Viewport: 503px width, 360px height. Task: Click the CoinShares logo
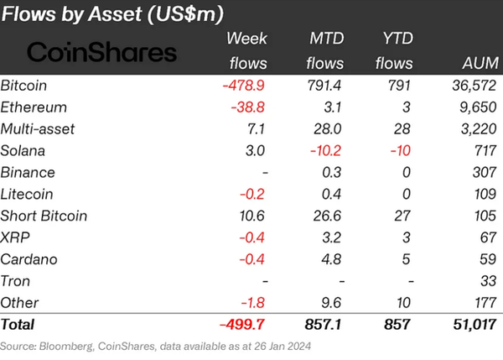(102, 52)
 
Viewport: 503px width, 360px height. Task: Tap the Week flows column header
(246, 50)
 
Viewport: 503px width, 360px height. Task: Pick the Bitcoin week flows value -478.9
(243, 86)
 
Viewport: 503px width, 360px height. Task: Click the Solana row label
(24, 150)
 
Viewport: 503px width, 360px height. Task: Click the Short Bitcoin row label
(43, 215)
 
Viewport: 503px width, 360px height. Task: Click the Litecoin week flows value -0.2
(251, 193)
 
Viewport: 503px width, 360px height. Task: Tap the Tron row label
(17, 280)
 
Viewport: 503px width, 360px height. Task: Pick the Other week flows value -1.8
(251, 301)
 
